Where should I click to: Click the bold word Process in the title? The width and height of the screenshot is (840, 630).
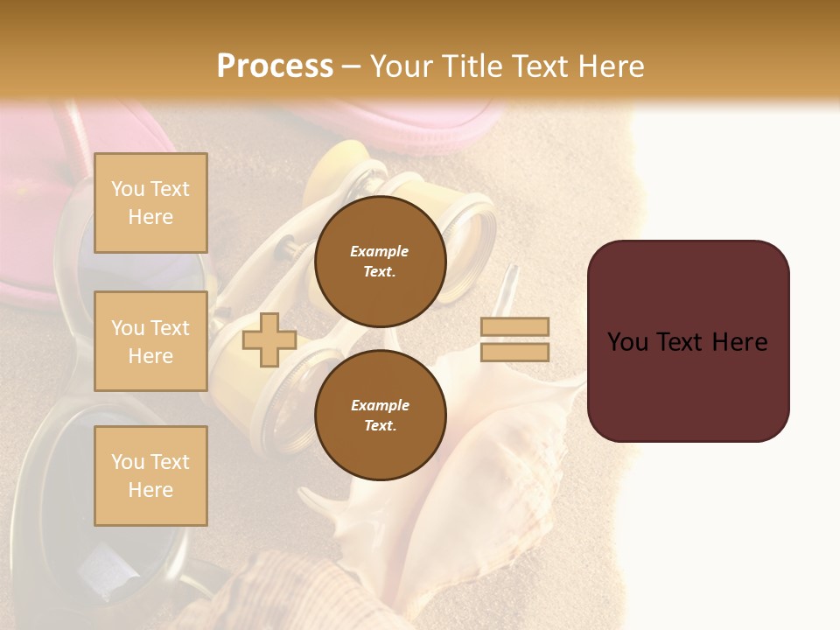point(275,66)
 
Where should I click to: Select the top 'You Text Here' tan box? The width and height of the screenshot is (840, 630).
point(150,203)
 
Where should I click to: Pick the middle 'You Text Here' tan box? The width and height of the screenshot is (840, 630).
point(150,341)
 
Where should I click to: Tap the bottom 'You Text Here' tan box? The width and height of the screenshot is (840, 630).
point(150,475)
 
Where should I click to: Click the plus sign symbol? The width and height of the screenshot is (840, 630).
point(269,339)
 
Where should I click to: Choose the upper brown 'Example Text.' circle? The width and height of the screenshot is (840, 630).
point(380,261)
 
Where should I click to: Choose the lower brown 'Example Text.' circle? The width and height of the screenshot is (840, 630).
point(380,415)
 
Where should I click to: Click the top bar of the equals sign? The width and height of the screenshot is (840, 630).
point(514,326)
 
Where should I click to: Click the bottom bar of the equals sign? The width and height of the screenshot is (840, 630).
point(514,352)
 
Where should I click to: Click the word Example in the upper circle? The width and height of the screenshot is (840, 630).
point(380,251)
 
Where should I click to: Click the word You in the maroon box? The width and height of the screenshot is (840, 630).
point(626,342)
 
